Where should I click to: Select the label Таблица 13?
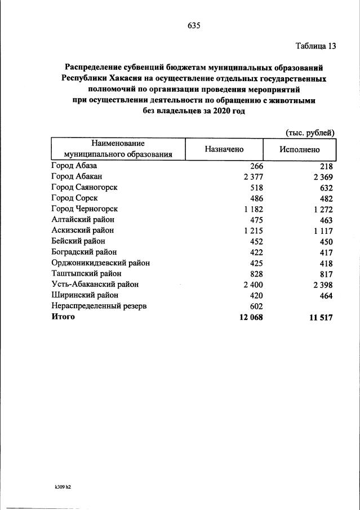(x=315, y=46)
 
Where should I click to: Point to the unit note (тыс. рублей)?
(x=310, y=132)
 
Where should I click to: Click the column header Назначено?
(x=224, y=149)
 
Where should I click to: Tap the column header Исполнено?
(x=299, y=149)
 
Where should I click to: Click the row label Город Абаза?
(x=74, y=166)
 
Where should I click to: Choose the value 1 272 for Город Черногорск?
(x=321, y=209)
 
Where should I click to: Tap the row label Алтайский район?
(x=82, y=220)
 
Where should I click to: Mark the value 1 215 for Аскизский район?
(x=253, y=230)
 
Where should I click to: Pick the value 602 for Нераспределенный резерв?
(x=256, y=305)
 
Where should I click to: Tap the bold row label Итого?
(x=63, y=317)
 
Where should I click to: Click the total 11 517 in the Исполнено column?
(x=319, y=317)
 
